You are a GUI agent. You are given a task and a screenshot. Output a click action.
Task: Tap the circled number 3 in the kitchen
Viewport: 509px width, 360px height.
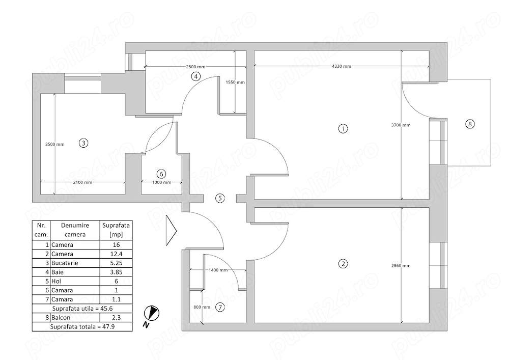point(83,143)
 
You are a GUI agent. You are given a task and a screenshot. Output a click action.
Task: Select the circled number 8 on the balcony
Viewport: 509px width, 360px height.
point(469,124)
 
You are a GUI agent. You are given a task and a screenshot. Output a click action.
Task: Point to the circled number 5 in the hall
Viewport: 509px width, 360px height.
point(219,198)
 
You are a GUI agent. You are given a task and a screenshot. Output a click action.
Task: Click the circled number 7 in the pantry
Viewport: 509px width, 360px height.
point(220,307)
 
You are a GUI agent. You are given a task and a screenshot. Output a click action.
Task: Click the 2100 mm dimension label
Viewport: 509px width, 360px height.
point(81,182)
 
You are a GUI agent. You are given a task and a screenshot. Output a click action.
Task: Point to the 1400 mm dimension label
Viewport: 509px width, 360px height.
point(217,270)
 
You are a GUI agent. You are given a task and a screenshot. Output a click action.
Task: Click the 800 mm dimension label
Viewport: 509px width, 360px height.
point(202,307)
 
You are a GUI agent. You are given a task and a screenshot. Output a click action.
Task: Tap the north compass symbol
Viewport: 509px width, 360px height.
point(151,314)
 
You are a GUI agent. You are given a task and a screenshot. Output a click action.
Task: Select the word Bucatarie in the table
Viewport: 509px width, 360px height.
point(63,263)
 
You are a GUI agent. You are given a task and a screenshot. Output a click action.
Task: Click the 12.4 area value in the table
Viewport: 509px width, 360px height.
point(116,254)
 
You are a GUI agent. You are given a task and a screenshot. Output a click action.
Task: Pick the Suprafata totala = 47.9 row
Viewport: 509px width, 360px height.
point(82,327)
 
